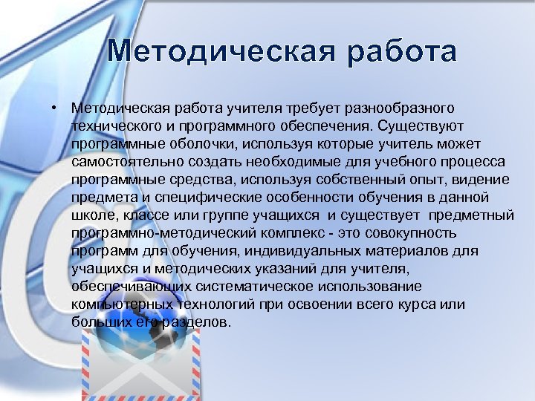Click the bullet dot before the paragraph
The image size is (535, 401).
click(x=56, y=108)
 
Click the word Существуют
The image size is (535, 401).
click(x=420, y=125)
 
